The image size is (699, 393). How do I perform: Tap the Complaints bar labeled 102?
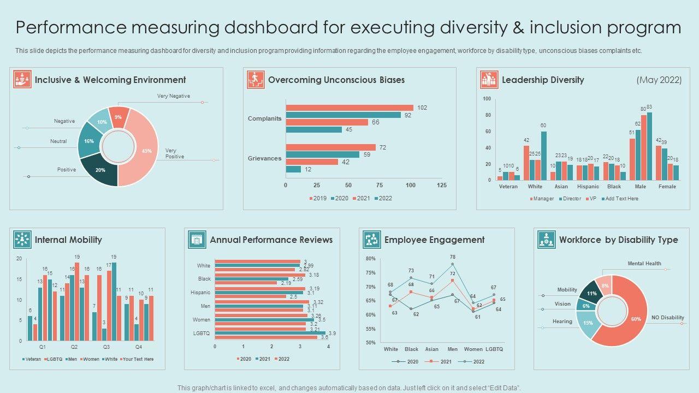[x=349, y=108]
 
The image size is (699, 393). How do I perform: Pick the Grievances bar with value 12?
[x=293, y=169]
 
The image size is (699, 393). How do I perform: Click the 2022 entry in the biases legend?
[x=382, y=198]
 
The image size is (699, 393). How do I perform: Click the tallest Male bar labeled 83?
[x=649, y=146]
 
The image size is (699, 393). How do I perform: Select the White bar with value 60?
[x=543, y=156]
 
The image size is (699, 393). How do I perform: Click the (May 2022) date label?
[x=659, y=80]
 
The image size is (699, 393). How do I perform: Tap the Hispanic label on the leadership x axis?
[x=588, y=187]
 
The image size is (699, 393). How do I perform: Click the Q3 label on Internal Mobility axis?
[x=106, y=347]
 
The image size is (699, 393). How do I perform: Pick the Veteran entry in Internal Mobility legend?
[x=32, y=359]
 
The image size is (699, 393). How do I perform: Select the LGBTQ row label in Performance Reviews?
[x=202, y=333]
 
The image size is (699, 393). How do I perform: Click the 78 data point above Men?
[x=452, y=264]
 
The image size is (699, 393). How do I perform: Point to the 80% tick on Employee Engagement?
[x=370, y=259]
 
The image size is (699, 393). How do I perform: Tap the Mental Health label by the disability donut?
[x=644, y=264]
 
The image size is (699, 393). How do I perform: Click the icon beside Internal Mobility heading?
[x=22, y=240]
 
